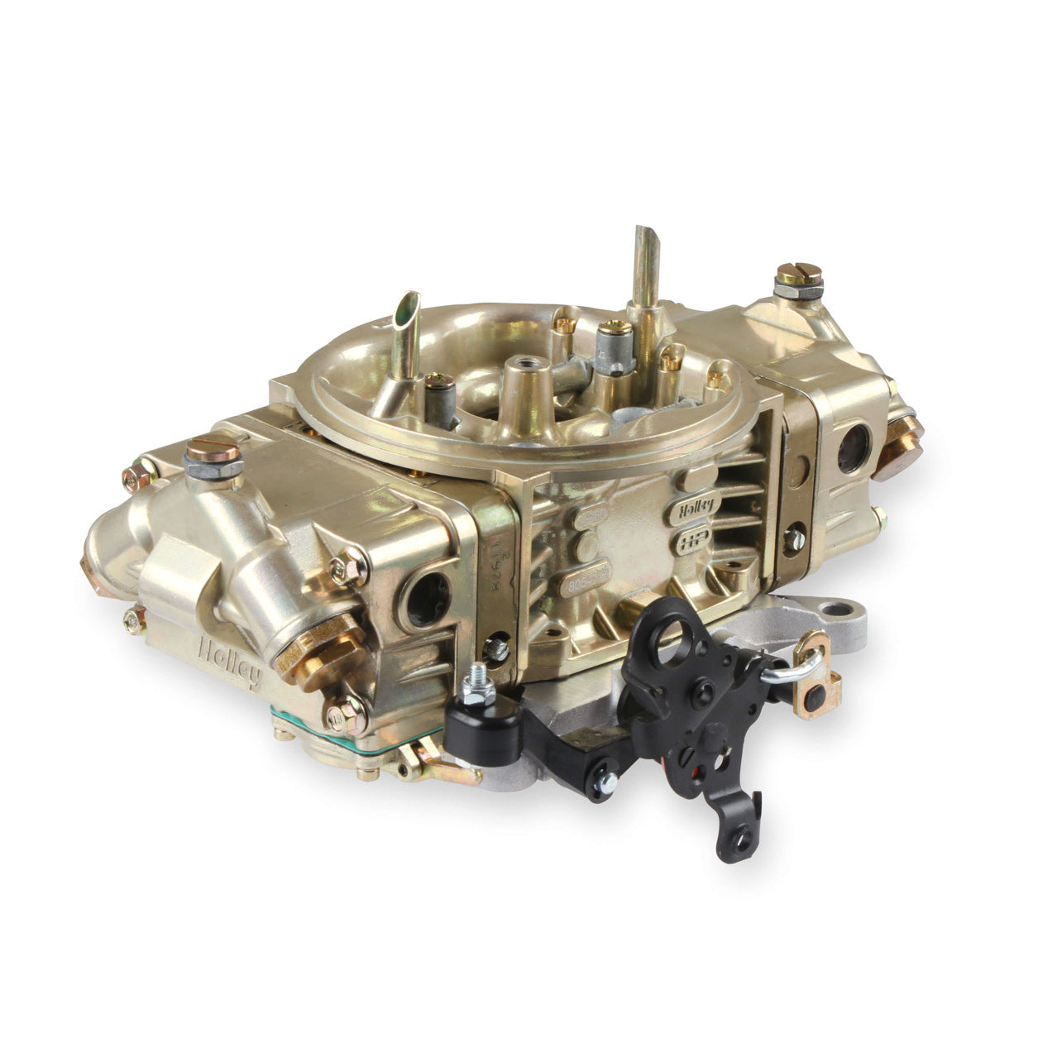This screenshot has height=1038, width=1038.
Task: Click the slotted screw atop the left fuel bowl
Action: click(x=213, y=454)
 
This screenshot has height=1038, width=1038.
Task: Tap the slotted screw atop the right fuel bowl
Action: click(x=798, y=276)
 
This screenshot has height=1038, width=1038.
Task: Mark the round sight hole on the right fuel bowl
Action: click(x=852, y=450)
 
